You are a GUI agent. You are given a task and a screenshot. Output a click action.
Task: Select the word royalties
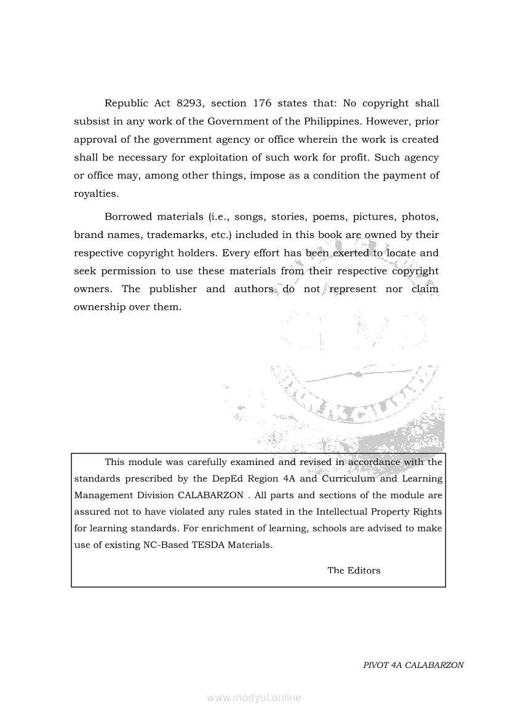[x=95, y=193]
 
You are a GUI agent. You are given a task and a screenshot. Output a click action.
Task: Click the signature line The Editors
[x=354, y=570]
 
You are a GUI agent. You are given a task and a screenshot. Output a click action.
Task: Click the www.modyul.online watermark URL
[x=254, y=697]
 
